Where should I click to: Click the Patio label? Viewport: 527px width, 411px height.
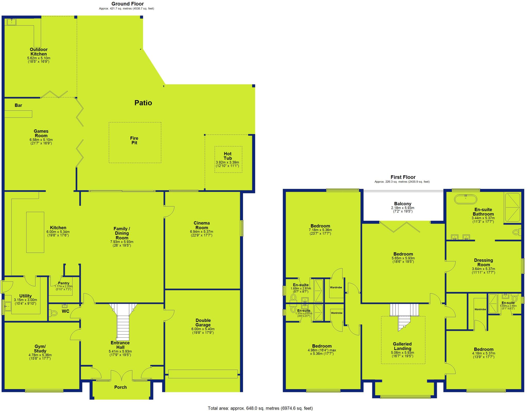click(143, 103)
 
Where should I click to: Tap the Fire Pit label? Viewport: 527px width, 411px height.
click(134, 141)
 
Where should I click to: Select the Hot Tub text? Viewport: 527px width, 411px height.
click(227, 156)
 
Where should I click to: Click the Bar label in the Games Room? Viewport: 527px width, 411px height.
click(18, 105)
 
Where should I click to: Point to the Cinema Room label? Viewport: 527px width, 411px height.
click(202, 225)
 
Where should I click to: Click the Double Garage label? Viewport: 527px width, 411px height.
click(203, 323)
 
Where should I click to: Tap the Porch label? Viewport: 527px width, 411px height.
click(120, 387)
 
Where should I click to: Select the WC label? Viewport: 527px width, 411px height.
click(66, 311)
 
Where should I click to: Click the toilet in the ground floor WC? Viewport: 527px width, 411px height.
click(54, 313)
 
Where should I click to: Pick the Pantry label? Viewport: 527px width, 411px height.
click(64, 283)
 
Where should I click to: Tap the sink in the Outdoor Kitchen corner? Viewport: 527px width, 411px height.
click(11, 22)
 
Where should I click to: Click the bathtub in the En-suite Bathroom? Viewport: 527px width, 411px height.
click(465, 199)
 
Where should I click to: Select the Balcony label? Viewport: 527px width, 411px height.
click(403, 204)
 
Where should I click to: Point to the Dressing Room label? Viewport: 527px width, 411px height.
click(484, 263)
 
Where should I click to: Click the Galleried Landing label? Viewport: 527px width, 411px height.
click(402, 346)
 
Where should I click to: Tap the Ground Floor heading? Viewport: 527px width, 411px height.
click(127, 4)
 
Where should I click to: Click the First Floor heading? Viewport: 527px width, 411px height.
click(403, 177)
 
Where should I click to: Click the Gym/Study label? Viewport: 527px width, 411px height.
click(40, 349)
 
